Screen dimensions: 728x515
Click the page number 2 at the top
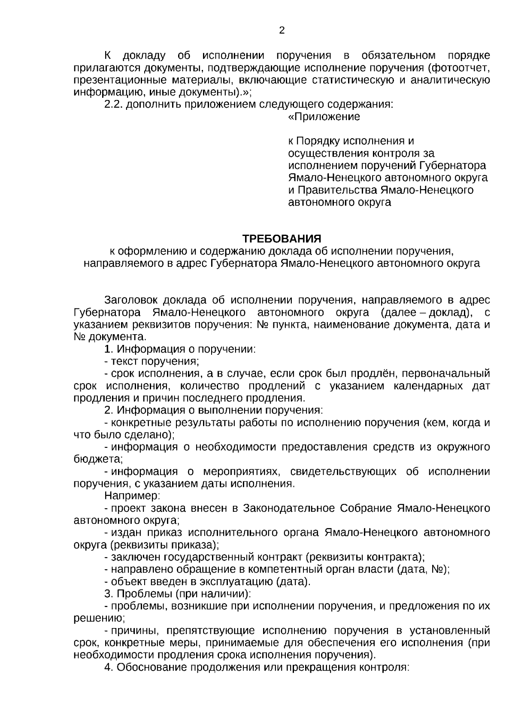pos(282,31)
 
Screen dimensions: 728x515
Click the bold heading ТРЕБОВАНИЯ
pos(282,239)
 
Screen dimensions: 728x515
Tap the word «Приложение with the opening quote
pos(324,117)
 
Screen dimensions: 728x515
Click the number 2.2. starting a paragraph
pos(114,105)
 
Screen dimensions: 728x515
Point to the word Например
pos(132,496)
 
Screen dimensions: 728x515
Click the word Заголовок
pos(131,300)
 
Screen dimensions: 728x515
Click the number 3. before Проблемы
pos(109,594)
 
